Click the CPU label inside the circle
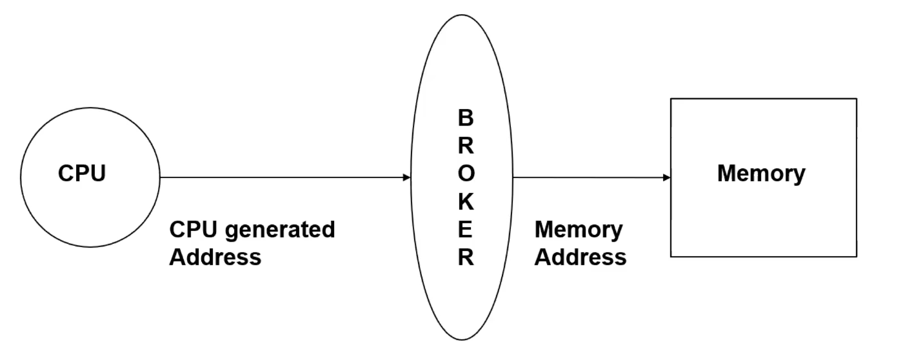[x=82, y=174]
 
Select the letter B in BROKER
[x=465, y=118]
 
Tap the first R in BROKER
[x=465, y=146]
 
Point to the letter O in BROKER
[x=465, y=174]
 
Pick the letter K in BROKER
[x=465, y=202]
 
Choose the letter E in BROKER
[x=465, y=230]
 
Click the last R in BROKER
[x=465, y=257]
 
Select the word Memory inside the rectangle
[x=761, y=174]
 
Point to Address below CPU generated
[x=215, y=257]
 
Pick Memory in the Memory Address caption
[x=579, y=230]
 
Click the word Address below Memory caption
[x=581, y=257]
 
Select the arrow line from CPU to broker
[x=284, y=177]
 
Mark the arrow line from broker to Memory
[x=587, y=177]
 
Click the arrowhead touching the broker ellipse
[x=406, y=177]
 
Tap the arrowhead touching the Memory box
[x=666, y=177]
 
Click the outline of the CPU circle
[x=90, y=108]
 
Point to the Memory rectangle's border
[x=764, y=99]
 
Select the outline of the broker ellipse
[x=462, y=15]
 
